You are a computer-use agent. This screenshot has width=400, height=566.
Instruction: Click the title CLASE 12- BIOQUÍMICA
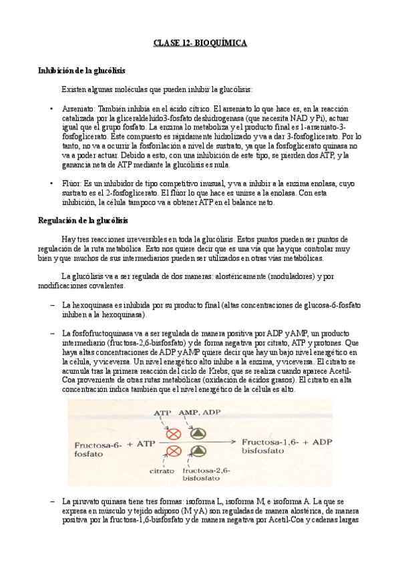tap(200, 43)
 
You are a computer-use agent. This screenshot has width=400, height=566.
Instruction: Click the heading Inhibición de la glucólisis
tap(81, 70)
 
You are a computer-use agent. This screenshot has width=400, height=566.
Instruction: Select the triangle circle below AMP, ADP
tap(198, 431)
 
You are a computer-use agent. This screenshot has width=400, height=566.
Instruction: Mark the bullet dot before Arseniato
tap(52, 107)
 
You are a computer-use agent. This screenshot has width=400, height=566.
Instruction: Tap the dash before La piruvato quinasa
tap(52, 501)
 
